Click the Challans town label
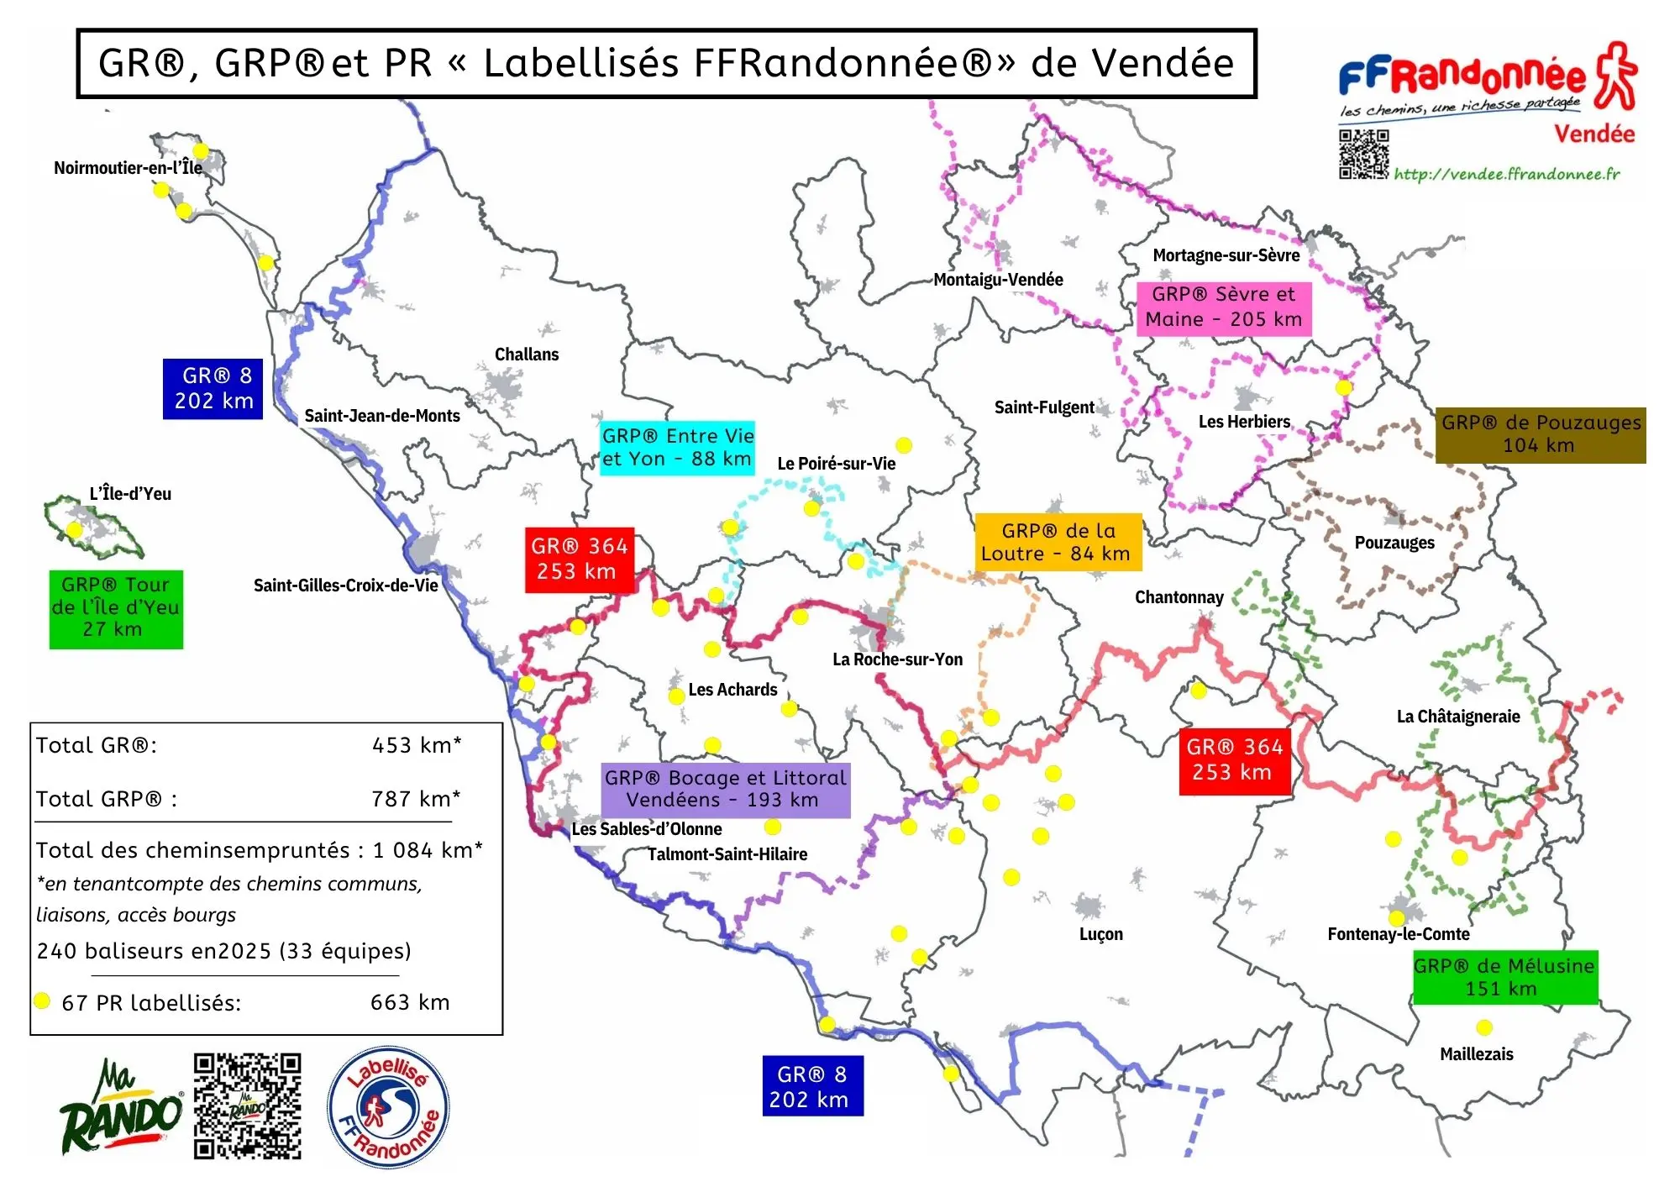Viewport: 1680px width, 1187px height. (527, 355)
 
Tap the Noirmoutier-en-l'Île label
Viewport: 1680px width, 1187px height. (128, 168)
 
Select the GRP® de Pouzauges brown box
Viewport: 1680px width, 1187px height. (1541, 434)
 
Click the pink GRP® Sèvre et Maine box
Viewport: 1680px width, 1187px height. (1223, 307)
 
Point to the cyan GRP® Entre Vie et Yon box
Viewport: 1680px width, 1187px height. (677, 448)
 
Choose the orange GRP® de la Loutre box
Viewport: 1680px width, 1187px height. (1058, 542)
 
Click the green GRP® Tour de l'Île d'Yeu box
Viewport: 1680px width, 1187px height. (116, 608)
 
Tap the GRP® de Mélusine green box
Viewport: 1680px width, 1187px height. (1504, 977)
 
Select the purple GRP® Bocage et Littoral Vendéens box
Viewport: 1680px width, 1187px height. (725, 789)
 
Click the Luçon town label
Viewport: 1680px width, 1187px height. (1100, 934)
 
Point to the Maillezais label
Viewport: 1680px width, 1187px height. (1476, 1054)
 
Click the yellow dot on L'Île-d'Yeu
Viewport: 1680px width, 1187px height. (75, 529)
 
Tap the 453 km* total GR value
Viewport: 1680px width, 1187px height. (417, 745)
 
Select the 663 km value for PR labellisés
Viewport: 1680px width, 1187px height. (410, 1002)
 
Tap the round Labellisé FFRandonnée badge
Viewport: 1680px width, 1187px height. (388, 1107)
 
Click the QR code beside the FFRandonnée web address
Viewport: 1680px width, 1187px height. (1363, 154)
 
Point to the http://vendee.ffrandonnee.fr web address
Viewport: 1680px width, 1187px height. (1506, 174)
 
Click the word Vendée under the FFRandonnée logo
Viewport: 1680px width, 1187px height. (1593, 134)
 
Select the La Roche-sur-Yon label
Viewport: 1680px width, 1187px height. (897, 659)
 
